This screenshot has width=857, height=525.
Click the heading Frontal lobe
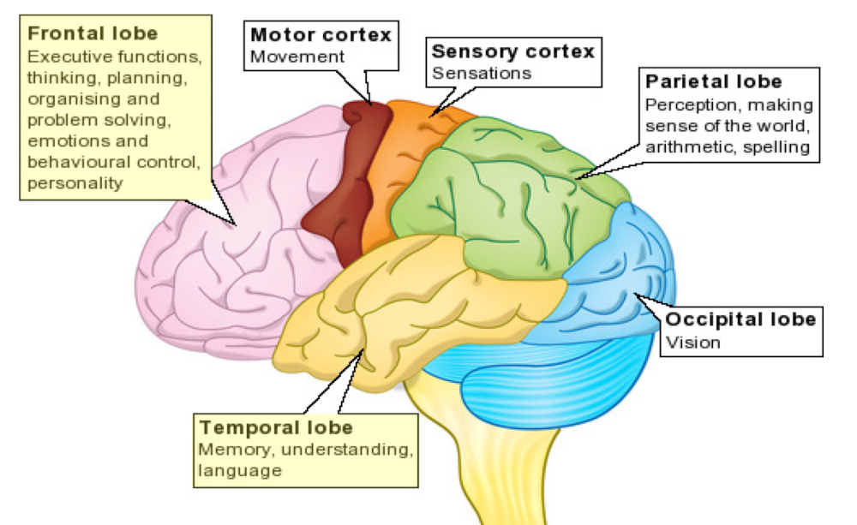tap(93, 34)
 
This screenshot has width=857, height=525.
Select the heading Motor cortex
tap(321, 35)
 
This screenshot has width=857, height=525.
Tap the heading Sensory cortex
tap(513, 51)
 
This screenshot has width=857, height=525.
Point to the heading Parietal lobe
tap(714, 82)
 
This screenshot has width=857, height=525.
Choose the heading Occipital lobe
tap(741, 320)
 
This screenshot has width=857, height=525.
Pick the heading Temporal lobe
tap(276, 427)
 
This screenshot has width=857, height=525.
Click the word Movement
tap(297, 57)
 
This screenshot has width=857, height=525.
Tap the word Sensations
tap(482, 73)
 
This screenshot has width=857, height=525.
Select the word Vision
tap(693, 343)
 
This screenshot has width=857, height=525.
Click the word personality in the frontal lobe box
tap(75, 182)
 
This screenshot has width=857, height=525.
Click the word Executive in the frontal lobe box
tap(68, 57)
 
